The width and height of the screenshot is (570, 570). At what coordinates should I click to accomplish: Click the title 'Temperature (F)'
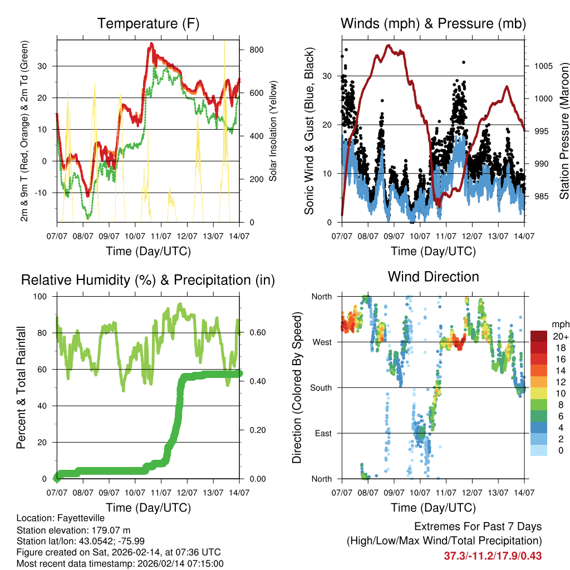click(148, 23)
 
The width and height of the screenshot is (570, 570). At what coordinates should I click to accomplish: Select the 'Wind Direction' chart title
click(433, 276)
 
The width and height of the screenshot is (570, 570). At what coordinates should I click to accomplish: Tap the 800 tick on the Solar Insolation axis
click(252, 50)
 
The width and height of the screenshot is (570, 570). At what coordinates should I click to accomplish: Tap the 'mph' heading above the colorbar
click(560, 324)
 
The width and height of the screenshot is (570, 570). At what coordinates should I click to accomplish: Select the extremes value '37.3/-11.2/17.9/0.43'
click(493, 556)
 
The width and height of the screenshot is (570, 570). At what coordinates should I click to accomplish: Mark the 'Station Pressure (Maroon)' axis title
click(563, 130)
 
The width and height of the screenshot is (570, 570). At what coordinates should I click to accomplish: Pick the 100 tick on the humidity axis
click(45, 296)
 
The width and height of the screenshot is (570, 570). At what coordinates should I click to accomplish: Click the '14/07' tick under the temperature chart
click(239, 235)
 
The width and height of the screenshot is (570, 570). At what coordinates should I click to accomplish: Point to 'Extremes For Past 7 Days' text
click(478, 527)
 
